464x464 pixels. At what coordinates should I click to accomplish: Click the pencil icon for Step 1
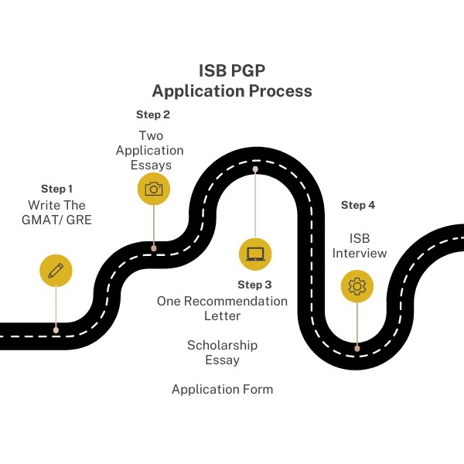(56, 271)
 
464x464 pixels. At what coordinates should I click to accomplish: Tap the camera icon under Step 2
(154, 189)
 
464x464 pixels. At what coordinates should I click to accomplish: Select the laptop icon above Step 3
(255, 254)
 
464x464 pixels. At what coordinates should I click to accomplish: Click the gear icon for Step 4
(357, 286)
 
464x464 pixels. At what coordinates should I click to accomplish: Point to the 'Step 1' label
(57, 189)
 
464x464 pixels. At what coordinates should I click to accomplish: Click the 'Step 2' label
(153, 114)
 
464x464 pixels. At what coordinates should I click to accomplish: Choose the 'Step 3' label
(254, 285)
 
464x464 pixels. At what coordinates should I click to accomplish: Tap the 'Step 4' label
(358, 205)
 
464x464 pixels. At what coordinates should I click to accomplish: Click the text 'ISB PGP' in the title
(232, 70)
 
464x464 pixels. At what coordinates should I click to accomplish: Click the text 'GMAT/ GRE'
(57, 220)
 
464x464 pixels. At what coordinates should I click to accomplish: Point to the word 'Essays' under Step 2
(150, 165)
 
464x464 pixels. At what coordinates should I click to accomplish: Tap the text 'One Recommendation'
(222, 301)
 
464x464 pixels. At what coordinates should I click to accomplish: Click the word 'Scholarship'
(222, 345)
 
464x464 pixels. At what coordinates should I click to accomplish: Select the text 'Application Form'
(222, 389)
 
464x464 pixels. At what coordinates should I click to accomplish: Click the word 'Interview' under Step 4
(360, 253)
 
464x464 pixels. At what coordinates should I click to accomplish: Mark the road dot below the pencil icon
(56, 329)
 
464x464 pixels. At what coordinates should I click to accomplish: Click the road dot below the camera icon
(154, 248)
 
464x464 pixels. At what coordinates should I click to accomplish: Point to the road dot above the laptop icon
(255, 168)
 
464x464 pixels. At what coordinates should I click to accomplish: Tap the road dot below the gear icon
(357, 348)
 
